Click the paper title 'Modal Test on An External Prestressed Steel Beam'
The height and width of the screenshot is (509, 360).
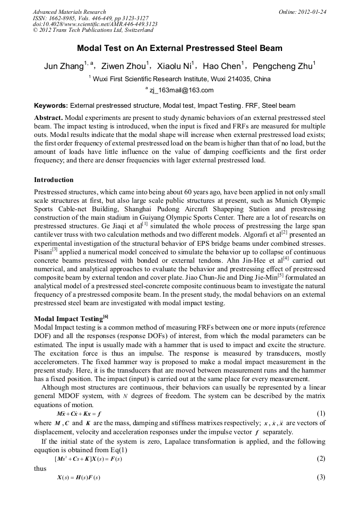[x=179, y=48]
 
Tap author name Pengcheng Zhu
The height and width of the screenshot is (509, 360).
[x=282, y=66]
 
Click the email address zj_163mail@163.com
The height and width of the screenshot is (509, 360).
[x=181, y=90]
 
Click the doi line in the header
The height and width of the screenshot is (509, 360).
[x=95, y=24]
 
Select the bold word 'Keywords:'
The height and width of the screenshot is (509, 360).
[x=51, y=106]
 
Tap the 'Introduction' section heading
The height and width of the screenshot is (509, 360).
[x=54, y=180]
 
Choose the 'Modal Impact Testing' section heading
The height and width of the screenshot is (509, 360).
[x=68, y=319]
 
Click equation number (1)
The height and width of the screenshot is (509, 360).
[x=321, y=413]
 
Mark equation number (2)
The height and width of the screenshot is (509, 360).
[x=321, y=459]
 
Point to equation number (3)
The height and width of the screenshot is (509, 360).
[x=321, y=477]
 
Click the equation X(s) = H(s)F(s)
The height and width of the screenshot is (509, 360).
[x=79, y=477]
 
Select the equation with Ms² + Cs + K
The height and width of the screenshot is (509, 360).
[x=88, y=459]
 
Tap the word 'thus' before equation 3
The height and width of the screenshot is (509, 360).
[x=40, y=468]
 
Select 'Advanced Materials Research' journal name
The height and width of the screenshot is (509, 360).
[x=70, y=12]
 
